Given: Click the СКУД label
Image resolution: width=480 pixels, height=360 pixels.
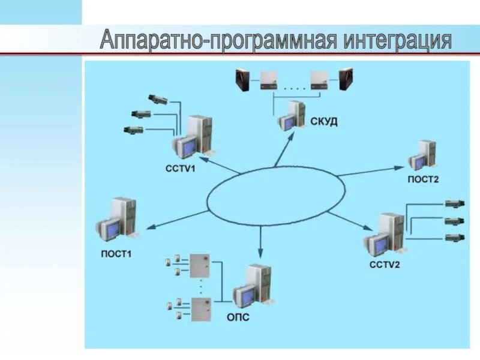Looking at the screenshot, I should [x=324, y=122].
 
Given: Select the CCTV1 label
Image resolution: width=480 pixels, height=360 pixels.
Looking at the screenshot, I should [x=181, y=169].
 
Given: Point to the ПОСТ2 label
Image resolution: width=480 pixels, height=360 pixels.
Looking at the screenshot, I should [x=424, y=179].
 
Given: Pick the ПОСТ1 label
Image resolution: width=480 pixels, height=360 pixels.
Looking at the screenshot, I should [x=116, y=254].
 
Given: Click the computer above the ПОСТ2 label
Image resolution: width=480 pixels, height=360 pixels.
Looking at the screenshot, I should [x=422, y=156].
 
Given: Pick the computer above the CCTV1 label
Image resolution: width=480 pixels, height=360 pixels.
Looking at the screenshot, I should [x=194, y=138].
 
